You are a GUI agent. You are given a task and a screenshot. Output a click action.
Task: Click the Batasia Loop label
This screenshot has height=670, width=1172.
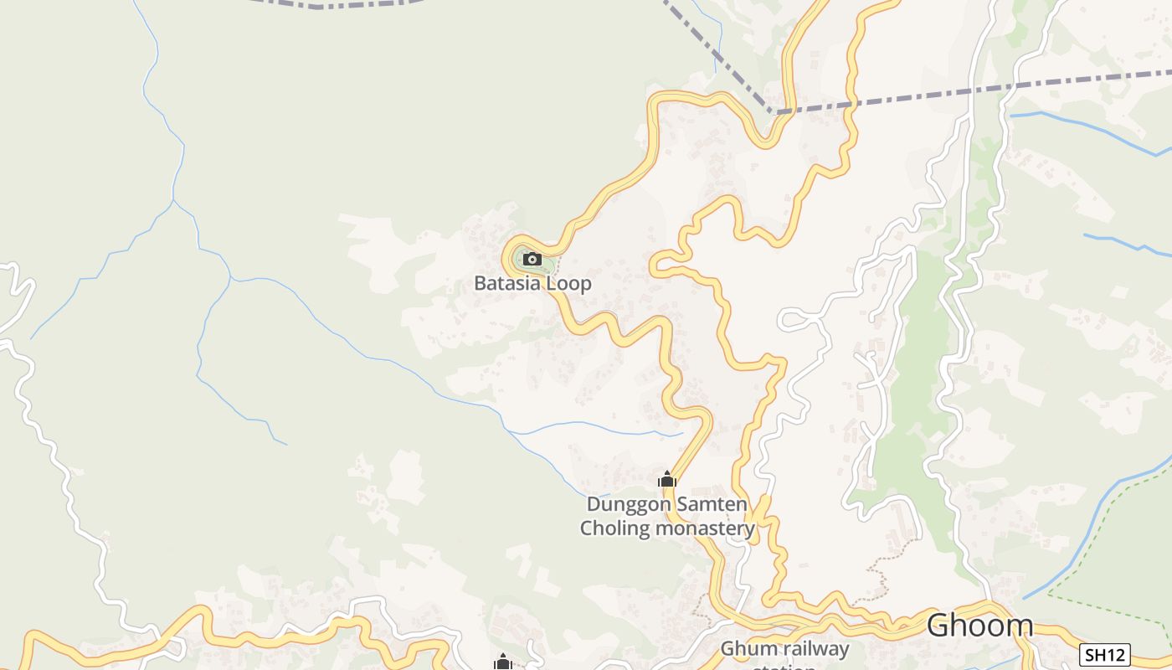(x=532, y=283)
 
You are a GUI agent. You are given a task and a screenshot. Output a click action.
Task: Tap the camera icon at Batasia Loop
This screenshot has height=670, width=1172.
(x=532, y=260)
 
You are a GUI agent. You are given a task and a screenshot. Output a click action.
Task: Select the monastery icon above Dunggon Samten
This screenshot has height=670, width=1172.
(x=666, y=479)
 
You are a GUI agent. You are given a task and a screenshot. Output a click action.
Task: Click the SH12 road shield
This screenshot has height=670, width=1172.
(x=1105, y=654)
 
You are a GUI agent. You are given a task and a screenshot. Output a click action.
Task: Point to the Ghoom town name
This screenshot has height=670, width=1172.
(x=979, y=626)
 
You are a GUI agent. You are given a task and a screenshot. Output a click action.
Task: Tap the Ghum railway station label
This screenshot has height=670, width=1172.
(x=784, y=650)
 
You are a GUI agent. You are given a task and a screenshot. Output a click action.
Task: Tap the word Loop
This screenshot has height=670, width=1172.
(x=569, y=283)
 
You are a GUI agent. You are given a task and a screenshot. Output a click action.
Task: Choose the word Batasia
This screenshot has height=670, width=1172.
(x=508, y=283)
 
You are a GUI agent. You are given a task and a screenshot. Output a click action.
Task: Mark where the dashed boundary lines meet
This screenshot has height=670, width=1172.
(x=774, y=111)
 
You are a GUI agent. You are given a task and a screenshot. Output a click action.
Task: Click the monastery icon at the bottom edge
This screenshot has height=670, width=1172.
(x=502, y=662)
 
